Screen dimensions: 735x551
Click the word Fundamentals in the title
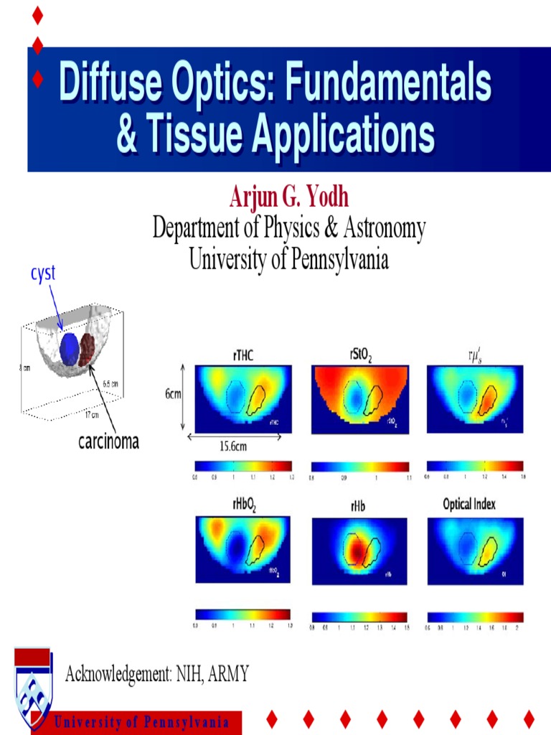pyautogui.click(x=388, y=85)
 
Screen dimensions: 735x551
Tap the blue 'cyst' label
pyautogui.click(x=42, y=273)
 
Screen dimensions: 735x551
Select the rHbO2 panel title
pyautogui.click(x=244, y=504)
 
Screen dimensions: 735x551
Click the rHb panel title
pyautogui.click(x=359, y=507)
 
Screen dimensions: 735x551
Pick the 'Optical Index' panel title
pyautogui.click(x=469, y=504)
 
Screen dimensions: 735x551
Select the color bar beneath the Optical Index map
pyautogui.click(x=474, y=617)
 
